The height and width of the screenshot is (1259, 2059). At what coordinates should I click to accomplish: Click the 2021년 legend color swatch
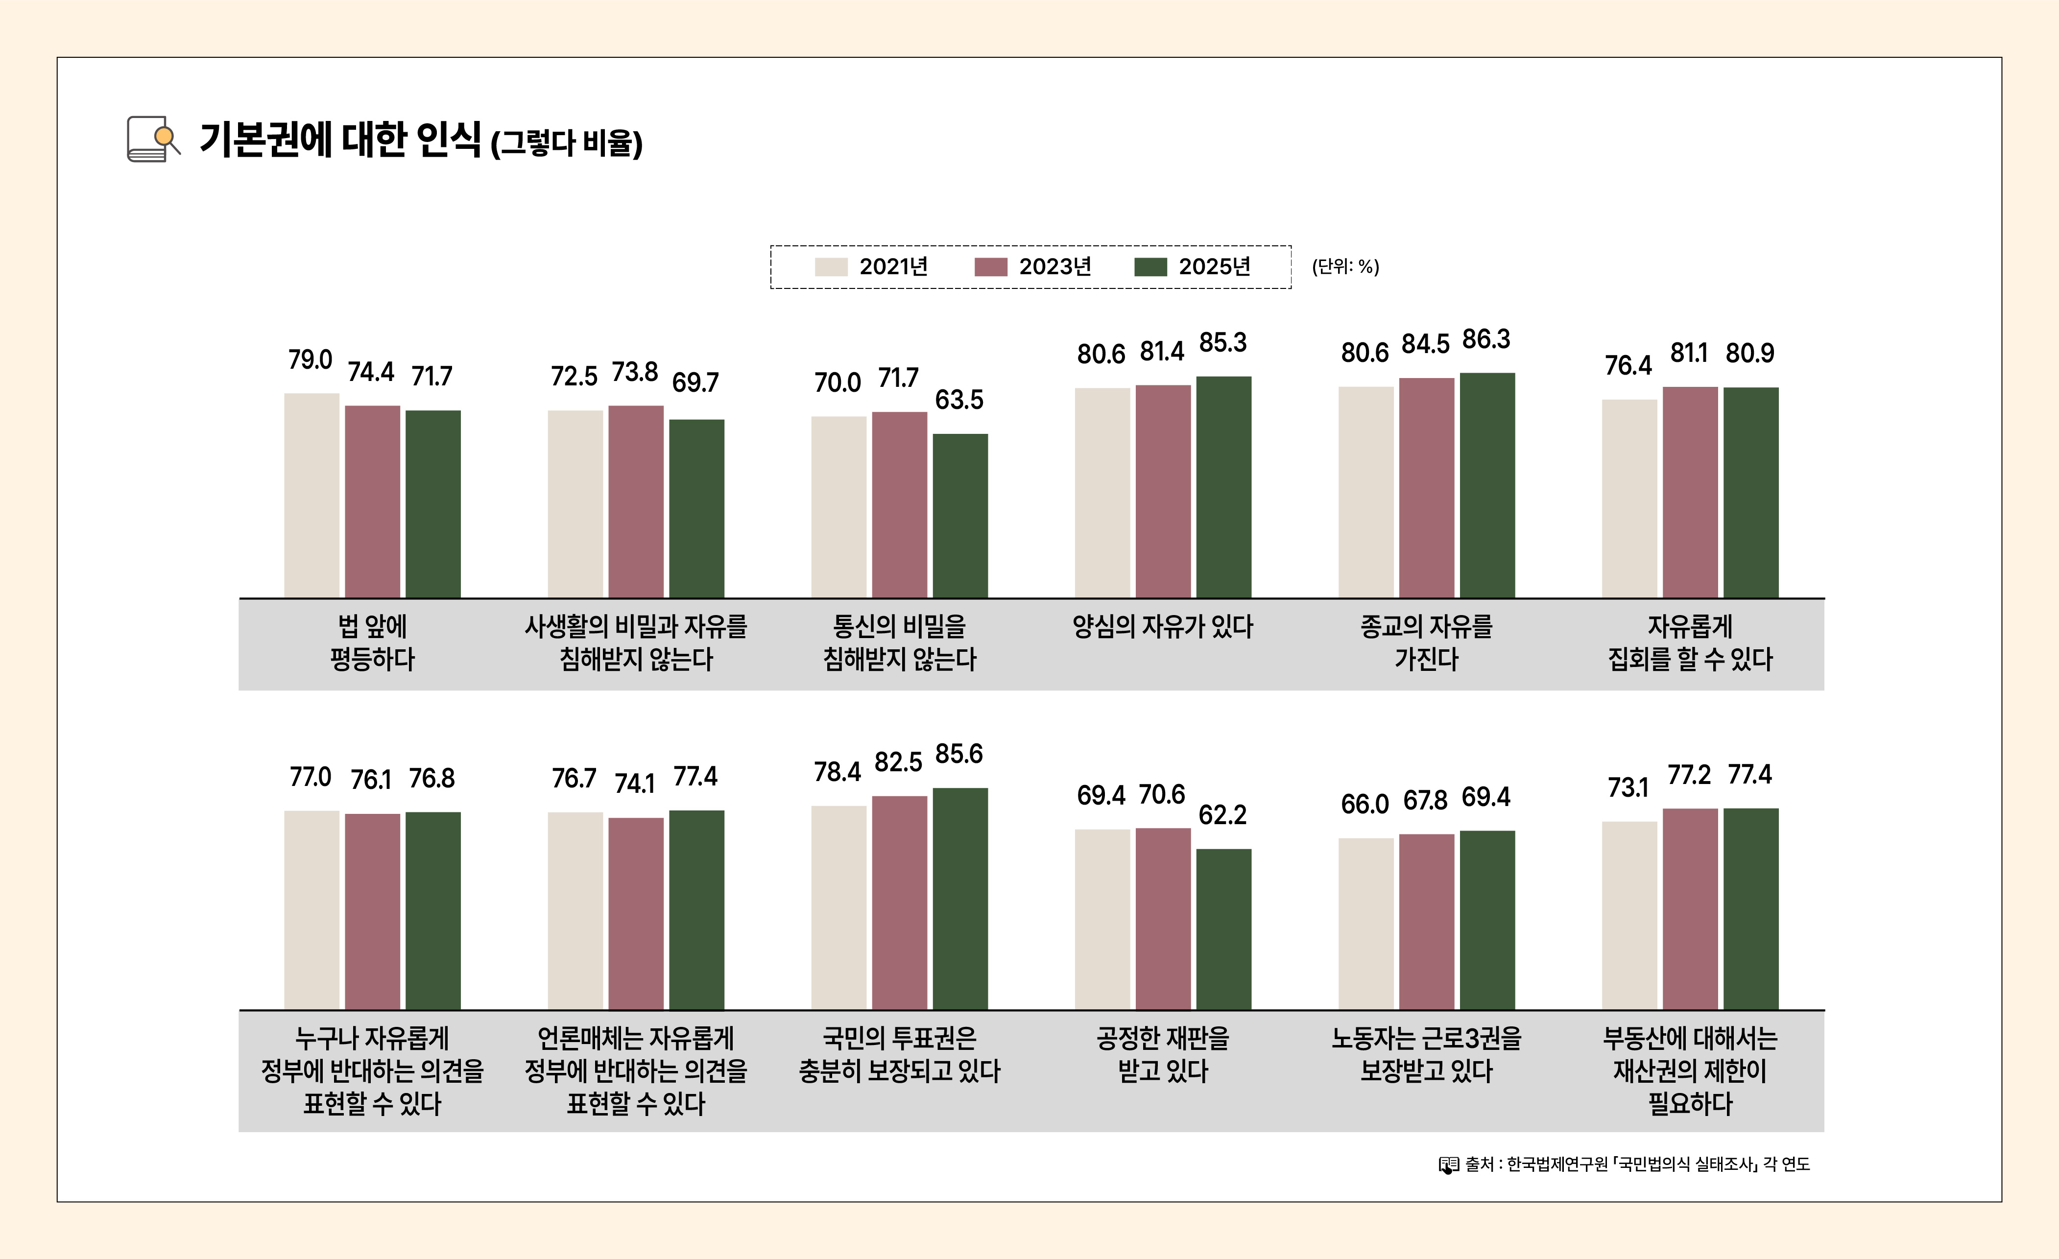point(831,266)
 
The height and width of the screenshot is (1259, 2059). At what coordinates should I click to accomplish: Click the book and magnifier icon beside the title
point(153,139)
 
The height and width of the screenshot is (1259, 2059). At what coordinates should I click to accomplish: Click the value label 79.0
point(310,360)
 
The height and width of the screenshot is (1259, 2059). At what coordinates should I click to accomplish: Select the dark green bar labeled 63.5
point(960,516)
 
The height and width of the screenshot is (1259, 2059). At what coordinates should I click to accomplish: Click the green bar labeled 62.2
point(1223,929)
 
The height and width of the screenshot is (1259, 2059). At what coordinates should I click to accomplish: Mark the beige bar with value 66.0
point(1365,923)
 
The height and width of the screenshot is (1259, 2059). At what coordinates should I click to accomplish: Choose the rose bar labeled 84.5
point(1426,488)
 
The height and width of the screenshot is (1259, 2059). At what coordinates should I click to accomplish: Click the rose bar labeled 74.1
point(636,913)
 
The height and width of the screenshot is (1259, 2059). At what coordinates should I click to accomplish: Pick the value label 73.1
point(1628,788)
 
